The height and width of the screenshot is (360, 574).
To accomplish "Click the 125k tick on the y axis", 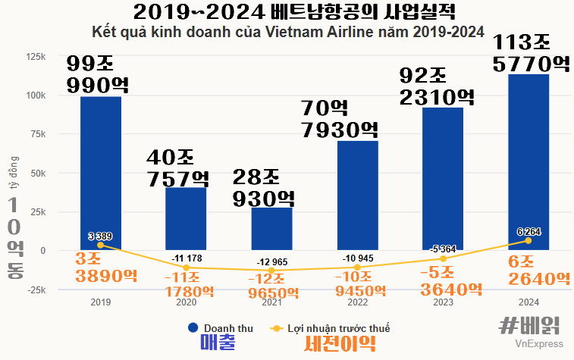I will (x=35, y=57).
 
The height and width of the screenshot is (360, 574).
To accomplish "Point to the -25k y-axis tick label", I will (x=35, y=290).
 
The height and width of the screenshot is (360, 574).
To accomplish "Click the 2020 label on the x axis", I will (x=187, y=302).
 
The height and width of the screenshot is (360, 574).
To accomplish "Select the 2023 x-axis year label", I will (x=443, y=302).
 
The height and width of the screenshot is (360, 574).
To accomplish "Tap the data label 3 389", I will (x=100, y=236).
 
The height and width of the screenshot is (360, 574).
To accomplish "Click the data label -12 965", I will (x=272, y=262).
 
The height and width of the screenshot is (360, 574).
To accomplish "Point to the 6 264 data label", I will (x=529, y=231).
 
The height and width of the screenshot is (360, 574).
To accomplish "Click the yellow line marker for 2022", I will (x=358, y=267).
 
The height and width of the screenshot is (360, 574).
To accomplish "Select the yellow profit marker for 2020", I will (x=187, y=268).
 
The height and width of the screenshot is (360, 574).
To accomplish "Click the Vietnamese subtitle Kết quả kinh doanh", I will (x=287, y=33).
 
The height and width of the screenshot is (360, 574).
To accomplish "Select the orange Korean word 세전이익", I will (x=339, y=345).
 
